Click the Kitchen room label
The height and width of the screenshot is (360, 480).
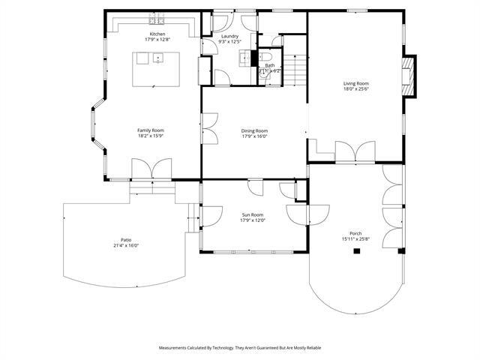(157, 34)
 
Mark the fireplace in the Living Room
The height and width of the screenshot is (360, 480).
(409, 77)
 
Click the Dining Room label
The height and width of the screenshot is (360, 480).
(254, 130)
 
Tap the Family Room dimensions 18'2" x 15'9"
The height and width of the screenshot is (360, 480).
(150, 136)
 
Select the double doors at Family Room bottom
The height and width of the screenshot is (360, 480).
(152, 169)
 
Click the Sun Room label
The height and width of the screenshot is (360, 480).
(252, 214)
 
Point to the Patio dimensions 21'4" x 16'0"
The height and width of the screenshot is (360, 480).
(127, 245)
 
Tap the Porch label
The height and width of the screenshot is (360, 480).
(355, 233)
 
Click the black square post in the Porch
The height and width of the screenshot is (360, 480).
(357, 251)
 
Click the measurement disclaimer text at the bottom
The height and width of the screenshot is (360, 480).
(239, 348)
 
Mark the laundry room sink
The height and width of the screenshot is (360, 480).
(245, 56)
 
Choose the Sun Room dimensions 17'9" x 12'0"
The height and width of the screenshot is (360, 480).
(252, 220)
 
